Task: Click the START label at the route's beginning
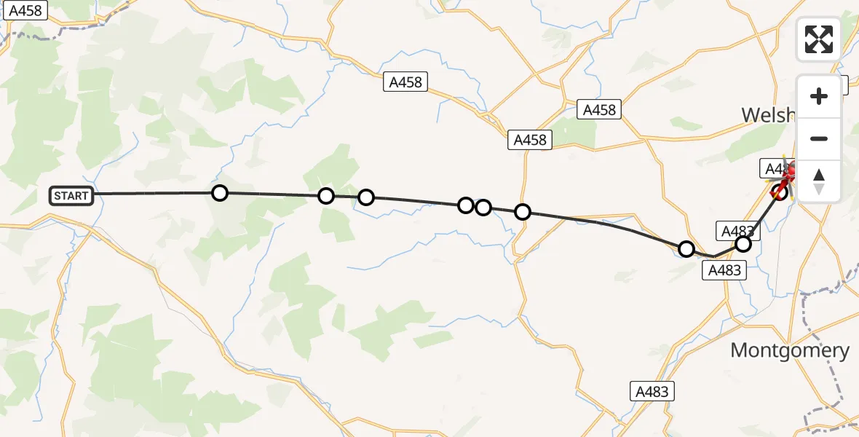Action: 71,195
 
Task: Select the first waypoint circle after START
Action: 220,193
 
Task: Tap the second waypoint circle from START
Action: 326,195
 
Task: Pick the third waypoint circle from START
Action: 366,197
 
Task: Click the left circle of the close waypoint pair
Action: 466,205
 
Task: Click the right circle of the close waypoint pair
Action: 483,208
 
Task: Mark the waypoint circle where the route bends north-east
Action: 686,249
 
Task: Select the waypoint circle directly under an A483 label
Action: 743,244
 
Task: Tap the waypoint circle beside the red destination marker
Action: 780,192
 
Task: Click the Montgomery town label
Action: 790,350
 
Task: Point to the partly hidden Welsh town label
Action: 769,114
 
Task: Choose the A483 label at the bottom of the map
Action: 652,391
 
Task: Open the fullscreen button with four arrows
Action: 819,39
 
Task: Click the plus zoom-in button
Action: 819,96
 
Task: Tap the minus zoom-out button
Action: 819,138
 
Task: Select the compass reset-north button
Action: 819,181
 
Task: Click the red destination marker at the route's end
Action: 788,175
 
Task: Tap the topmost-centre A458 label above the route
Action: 405,82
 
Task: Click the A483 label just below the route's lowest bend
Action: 725,270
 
